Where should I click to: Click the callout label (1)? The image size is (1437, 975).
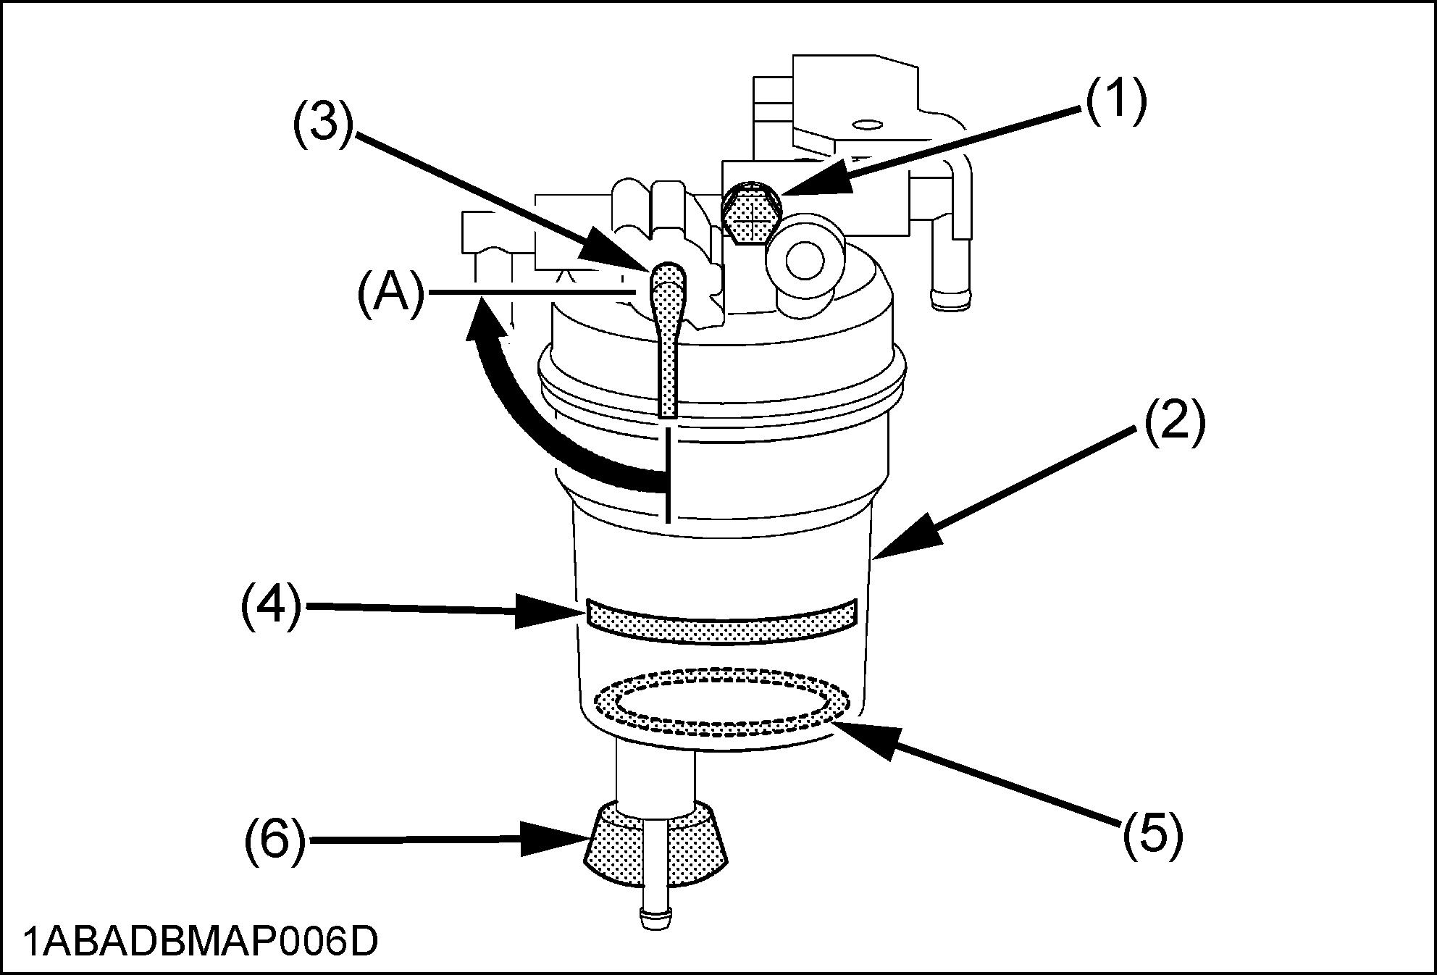coord(1115,102)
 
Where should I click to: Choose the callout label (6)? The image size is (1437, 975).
coord(274,842)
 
